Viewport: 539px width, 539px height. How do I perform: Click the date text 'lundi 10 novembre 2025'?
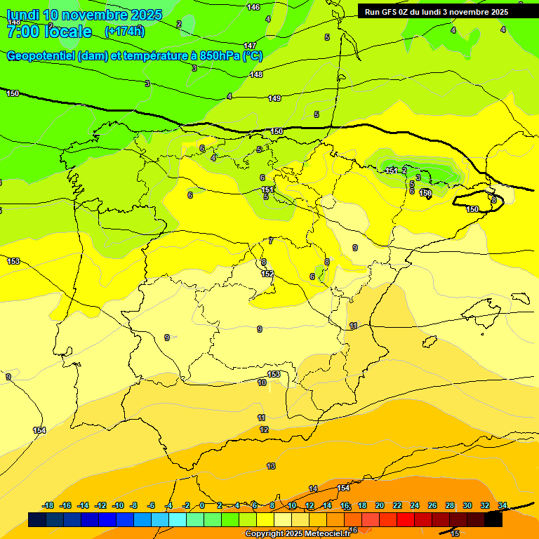point(84,15)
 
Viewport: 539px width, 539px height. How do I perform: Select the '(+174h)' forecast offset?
point(124,31)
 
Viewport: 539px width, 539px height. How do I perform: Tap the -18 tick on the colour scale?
point(48,506)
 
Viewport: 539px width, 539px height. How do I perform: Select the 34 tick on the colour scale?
point(503,506)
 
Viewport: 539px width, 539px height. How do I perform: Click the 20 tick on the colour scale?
point(380,506)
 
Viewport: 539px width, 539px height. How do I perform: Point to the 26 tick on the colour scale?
point(432,506)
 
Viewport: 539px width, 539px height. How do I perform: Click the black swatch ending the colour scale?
point(493,519)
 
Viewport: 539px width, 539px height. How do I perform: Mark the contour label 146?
point(253,7)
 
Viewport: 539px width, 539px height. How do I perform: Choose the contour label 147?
point(250,46)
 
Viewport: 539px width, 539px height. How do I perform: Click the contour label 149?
point(274,98)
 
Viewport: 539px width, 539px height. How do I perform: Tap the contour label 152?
point(267,274)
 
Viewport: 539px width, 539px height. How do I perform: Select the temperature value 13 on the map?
point(271,466)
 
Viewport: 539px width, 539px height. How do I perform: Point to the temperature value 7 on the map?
point(271,241)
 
